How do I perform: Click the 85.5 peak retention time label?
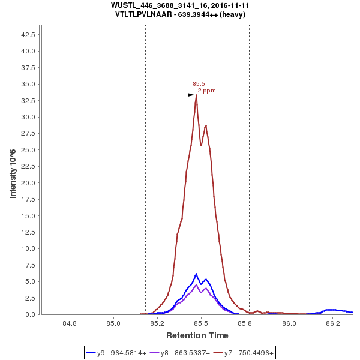tap(199, 84)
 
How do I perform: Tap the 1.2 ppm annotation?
tap(204, 91)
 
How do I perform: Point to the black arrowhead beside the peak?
tap(191, 95)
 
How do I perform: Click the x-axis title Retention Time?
tap(197, 335)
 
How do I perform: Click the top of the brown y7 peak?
tap(196, 95)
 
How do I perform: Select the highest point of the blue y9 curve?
tap(196, 274)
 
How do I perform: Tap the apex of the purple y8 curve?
tap(196, 284)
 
